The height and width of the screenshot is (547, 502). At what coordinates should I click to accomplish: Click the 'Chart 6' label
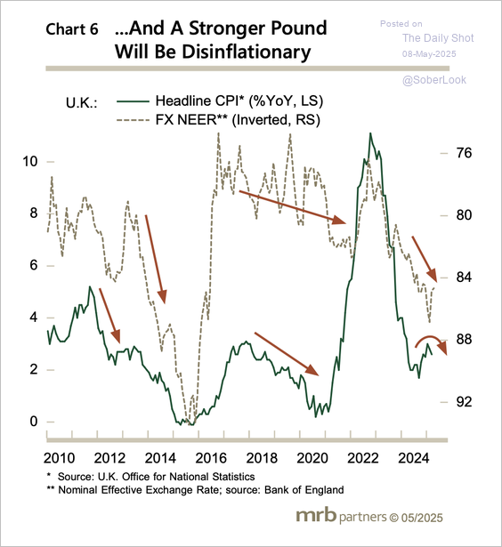coord(72,29)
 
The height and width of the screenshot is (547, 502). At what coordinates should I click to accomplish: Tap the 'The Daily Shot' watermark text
coord(438,37)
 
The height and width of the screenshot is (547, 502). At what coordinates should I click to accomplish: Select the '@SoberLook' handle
coord(434,80)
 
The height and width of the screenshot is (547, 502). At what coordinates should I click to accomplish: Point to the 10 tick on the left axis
coord(30,161)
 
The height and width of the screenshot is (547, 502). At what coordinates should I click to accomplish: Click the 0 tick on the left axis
coord(34,421)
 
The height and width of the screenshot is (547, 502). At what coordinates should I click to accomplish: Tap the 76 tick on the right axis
coord(464,153)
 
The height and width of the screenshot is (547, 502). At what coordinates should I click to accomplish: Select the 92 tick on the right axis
coord(464,402)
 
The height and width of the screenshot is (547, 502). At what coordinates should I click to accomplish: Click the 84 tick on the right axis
coord(464,278)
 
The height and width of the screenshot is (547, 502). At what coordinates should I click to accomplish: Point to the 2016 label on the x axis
coord(211,458)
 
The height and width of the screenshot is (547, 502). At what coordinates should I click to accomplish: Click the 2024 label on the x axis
coord(414,458)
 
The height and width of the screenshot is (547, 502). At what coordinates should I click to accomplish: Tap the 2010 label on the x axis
coord(59,458)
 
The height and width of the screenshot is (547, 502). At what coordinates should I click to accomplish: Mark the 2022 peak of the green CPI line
coord(370,133)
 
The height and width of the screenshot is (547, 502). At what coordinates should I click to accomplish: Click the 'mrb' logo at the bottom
coord(316,515)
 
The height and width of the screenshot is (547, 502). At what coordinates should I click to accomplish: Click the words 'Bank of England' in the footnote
coord(304,490)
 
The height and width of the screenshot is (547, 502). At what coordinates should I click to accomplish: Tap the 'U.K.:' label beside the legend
coord(82,103)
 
